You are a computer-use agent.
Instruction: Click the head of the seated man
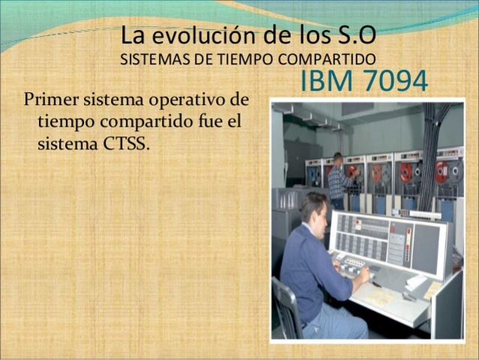click(x=314, y=206)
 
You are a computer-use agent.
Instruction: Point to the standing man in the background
click(x=337, y=180)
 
